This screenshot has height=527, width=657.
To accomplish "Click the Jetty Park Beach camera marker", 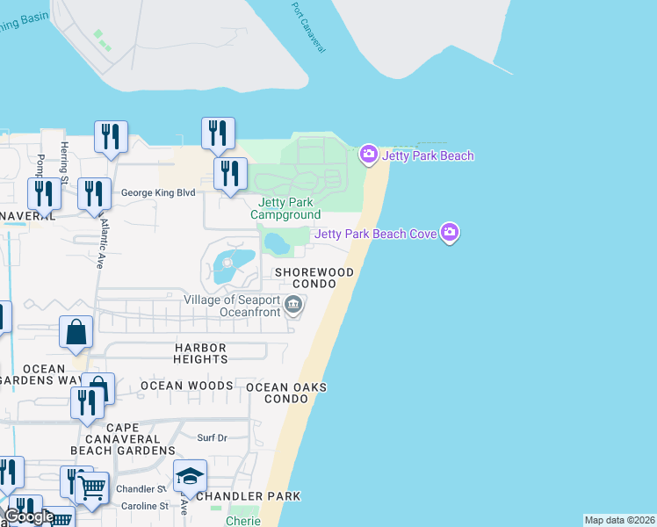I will (369, 155).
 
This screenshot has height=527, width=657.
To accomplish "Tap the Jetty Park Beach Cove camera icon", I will (451, 233).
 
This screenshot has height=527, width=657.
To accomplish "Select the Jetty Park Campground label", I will (285, 208).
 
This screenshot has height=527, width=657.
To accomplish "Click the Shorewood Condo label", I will (314, 278).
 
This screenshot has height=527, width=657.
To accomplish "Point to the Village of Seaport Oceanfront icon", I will (294, 306).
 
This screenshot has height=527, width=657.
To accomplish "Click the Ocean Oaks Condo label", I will (286, 393).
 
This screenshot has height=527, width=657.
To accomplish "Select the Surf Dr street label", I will (212, 437).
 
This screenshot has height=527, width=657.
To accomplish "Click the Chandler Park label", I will (249, 496).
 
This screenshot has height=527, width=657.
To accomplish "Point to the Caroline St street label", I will (144, 507).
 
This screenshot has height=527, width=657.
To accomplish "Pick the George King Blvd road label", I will (157, 192).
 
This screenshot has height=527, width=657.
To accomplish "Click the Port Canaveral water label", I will (307, 26).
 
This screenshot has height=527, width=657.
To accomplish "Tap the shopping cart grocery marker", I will (93, 487).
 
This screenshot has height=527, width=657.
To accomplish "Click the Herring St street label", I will (64, 159).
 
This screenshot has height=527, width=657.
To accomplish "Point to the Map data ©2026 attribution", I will (620, 520).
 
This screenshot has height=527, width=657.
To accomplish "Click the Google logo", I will (28, 516).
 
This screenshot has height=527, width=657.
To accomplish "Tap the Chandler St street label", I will (141, 488).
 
